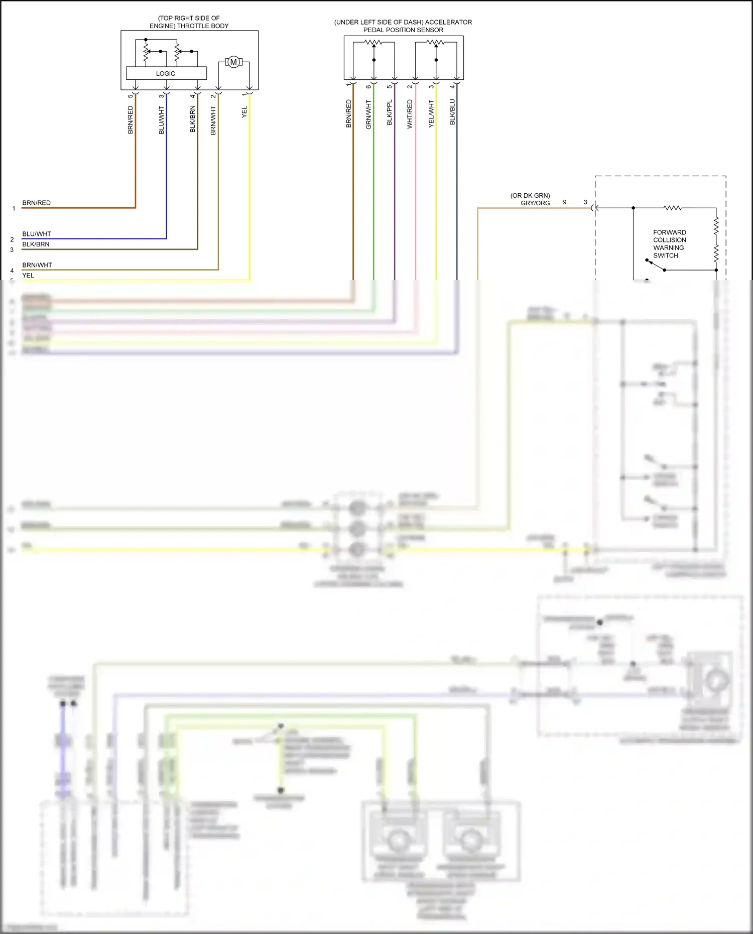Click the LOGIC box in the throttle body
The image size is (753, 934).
pos(166,73)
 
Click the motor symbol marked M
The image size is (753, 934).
pos(233,62)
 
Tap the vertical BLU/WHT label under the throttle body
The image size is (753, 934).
pos(162,120)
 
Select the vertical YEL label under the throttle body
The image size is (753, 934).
pos(244,112)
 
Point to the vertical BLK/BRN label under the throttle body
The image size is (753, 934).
pos(193,119)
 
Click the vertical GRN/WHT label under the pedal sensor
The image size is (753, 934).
pos(368,114)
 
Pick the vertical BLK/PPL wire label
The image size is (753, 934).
pos(390,112)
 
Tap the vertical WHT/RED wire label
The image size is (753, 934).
pos(410,114)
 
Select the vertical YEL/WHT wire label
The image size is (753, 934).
pos(431,113)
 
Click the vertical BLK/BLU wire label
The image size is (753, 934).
pos(452,112)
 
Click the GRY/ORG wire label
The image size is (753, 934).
pos(535,203)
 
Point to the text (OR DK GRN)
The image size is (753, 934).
pos(530,196)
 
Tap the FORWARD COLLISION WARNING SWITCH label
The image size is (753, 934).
pos(669,244)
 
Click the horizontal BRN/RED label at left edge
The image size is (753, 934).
pos(36,203)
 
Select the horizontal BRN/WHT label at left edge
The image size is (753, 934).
pos(37,265)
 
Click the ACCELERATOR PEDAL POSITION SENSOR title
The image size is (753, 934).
pos(403,26)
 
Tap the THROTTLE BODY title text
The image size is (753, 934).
pos(189,22)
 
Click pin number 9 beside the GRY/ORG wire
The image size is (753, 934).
pos(565,202)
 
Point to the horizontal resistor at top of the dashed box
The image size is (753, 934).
pos(672,208)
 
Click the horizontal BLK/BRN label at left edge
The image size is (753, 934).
pos(36,244)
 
